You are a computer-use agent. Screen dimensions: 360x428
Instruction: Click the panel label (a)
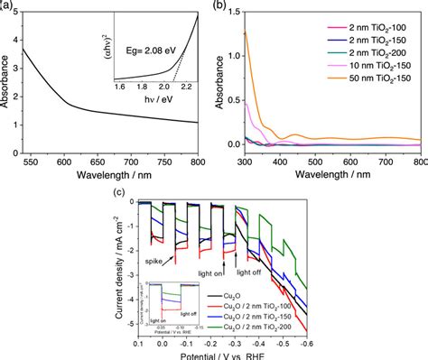pyautogui.click(x=6, y=6)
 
